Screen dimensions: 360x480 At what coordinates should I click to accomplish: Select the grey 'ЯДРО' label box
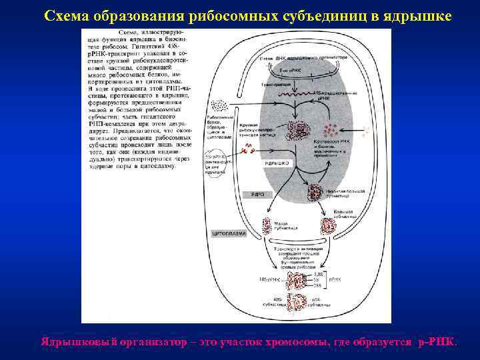(258, 194)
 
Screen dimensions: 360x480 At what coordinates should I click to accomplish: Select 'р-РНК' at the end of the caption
(436, 341)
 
